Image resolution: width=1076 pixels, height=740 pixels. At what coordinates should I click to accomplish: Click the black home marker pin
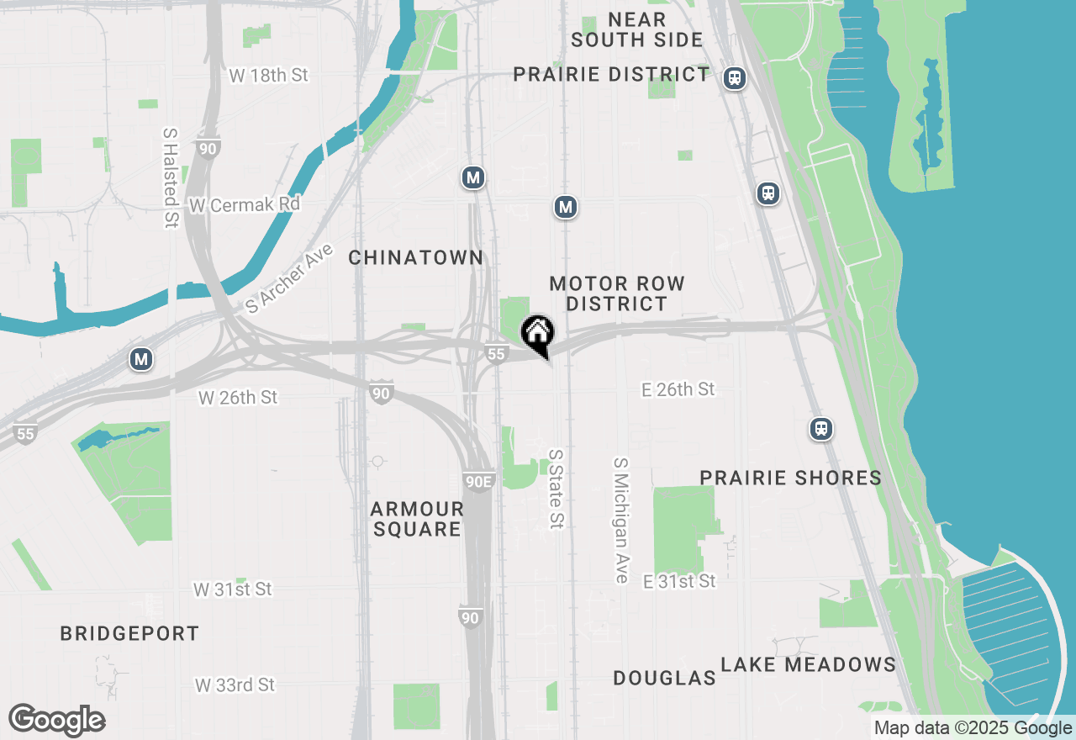537,335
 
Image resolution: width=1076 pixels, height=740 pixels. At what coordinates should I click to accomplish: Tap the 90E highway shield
478,482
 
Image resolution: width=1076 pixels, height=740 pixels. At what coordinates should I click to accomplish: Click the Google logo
56,721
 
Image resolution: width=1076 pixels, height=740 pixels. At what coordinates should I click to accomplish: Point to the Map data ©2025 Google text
973,728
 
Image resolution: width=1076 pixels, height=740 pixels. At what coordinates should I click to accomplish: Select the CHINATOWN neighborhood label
416,258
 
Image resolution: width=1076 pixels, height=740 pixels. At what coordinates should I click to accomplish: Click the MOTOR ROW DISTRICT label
617,293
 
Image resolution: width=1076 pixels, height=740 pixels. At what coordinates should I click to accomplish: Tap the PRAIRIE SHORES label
790,478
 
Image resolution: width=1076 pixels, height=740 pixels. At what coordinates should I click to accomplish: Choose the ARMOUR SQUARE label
417,519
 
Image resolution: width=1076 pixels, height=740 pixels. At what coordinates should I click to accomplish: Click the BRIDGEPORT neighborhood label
129,634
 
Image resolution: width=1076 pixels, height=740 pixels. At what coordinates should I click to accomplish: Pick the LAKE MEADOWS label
808,665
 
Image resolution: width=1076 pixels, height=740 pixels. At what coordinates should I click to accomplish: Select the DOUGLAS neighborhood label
664,678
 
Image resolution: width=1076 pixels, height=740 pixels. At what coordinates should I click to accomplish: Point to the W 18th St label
268,76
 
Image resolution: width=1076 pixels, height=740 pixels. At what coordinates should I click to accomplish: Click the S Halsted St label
171,177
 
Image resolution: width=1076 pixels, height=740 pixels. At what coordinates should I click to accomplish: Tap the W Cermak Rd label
244,205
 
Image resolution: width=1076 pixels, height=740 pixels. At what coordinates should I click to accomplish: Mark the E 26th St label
678,388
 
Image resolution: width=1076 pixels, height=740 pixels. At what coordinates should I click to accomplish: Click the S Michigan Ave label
621,521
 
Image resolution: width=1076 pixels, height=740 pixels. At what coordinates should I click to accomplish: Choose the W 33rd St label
235,685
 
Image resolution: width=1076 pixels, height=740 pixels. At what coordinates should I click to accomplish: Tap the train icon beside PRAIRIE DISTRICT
734,78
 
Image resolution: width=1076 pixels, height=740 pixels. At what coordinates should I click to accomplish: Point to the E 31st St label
679,581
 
